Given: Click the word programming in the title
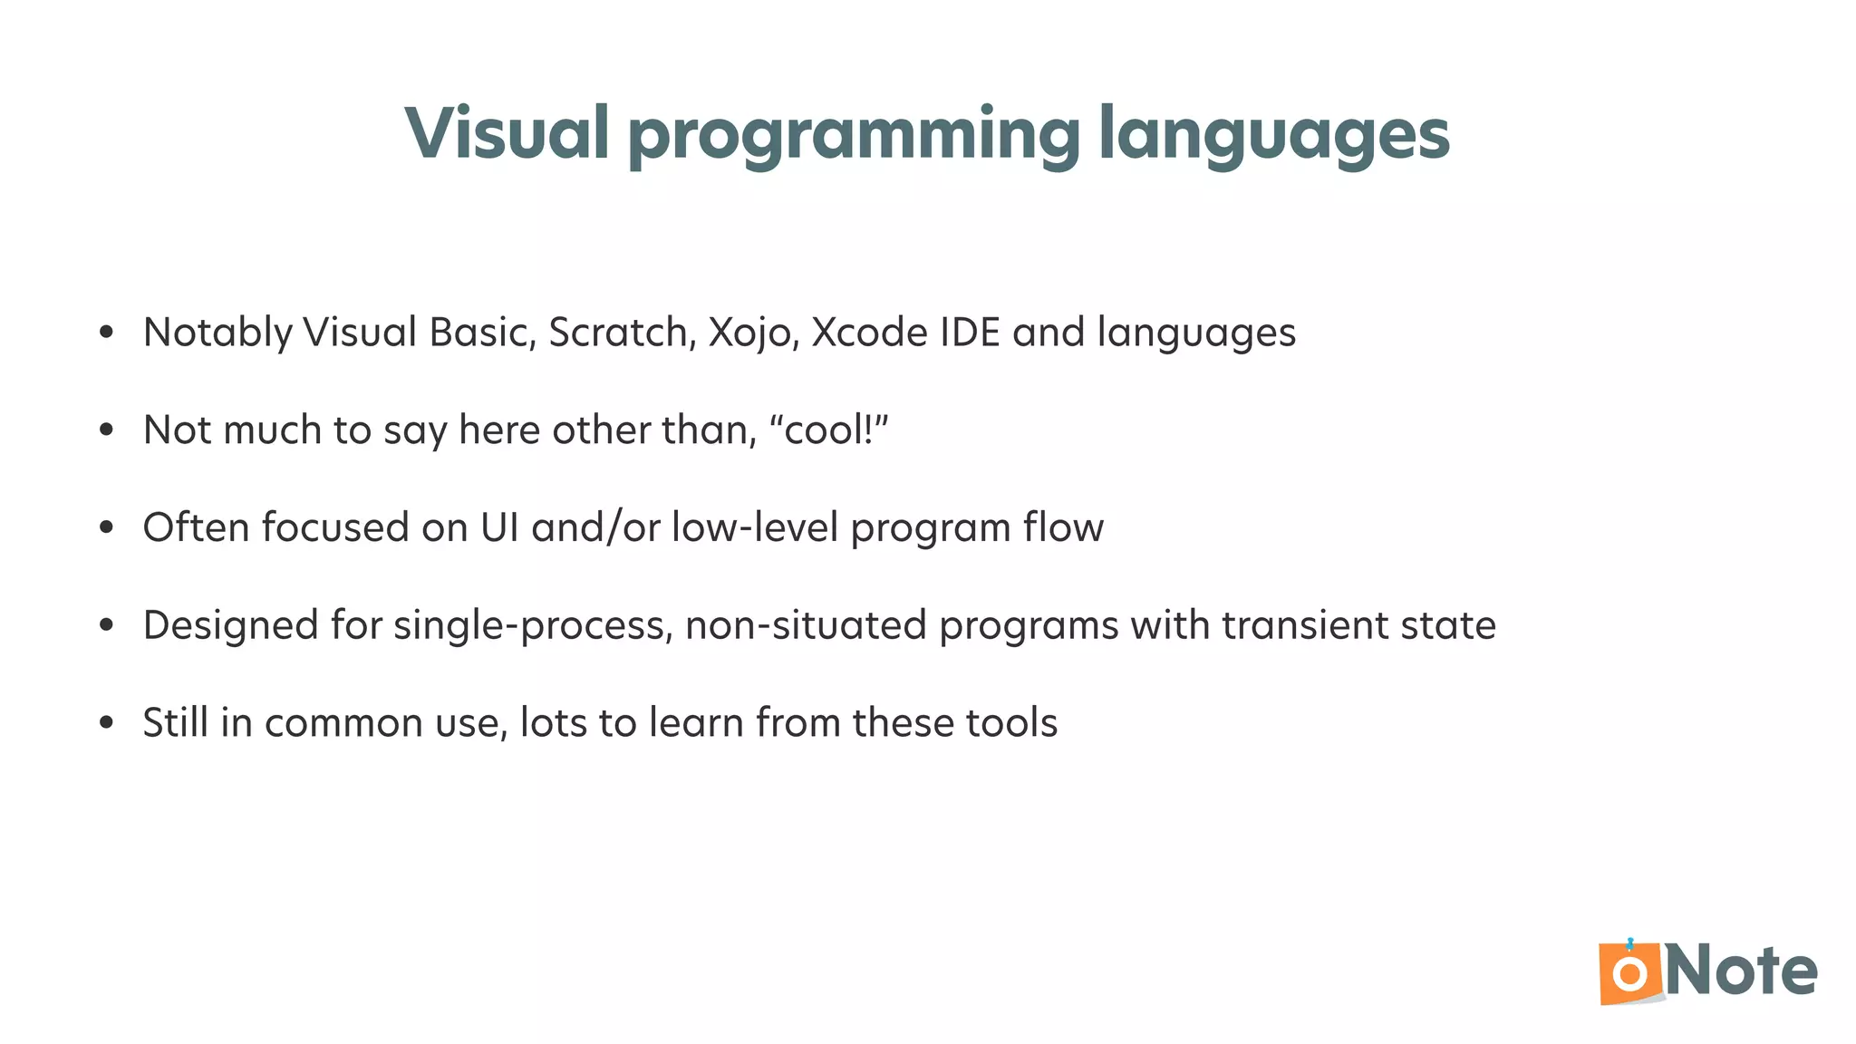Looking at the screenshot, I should tap(854, 136).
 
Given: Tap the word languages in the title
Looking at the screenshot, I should tap(1273, 136).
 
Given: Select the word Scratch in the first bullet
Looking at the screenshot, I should tap(622, 332).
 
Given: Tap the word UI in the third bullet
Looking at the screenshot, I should tap(499, 527).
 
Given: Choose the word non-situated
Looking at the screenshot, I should tap(806, 625).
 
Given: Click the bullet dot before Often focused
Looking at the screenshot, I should tap(107, 527).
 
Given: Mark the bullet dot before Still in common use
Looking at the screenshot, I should tap(107, 723).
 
